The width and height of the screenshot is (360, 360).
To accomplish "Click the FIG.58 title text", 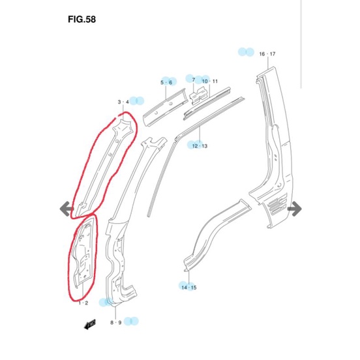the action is (82, 20).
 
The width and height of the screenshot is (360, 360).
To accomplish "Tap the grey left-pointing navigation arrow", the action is (67, 209).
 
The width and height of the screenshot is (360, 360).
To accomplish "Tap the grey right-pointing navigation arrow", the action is (295, 209).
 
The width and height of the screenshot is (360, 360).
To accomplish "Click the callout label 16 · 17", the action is (267, 54).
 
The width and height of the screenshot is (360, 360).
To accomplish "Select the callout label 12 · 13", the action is (200, 146).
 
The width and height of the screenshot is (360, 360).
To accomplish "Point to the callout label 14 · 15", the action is (189, 288).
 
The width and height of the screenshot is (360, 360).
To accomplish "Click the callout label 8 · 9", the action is (115, 323).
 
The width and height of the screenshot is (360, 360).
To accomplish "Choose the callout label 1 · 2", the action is (83, 303).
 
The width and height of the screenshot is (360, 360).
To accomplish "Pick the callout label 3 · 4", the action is (123, 102).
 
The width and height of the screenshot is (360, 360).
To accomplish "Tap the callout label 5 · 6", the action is (166, 82).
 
